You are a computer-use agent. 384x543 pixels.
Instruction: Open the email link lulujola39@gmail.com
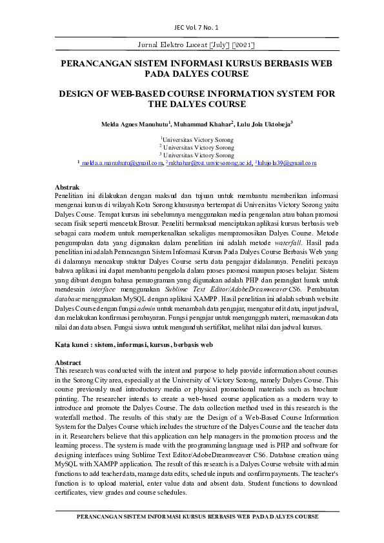coord(287,164)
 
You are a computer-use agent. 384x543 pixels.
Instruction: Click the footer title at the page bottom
coord(197,517)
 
